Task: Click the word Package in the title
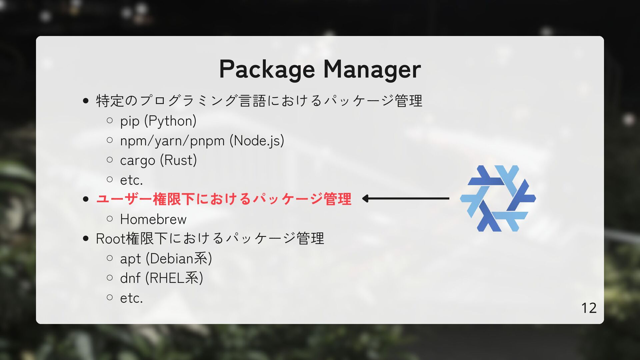coord(267,70)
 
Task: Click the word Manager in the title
coord(372,70)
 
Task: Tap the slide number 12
coord(589,308)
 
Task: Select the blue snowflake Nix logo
coord(498,198)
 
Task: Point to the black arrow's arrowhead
coord(365,199)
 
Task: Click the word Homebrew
coord(153,219)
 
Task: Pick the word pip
coord(129,121)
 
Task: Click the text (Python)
coord(170,121)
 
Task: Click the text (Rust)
coord(178,160)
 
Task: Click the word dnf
coord(130,278)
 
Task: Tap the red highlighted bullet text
coord(223,199)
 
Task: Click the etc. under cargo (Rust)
coord(131,180)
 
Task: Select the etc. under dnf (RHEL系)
coord(131,298)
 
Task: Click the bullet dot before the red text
coord(86,199)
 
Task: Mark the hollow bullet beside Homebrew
coord(110,219)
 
